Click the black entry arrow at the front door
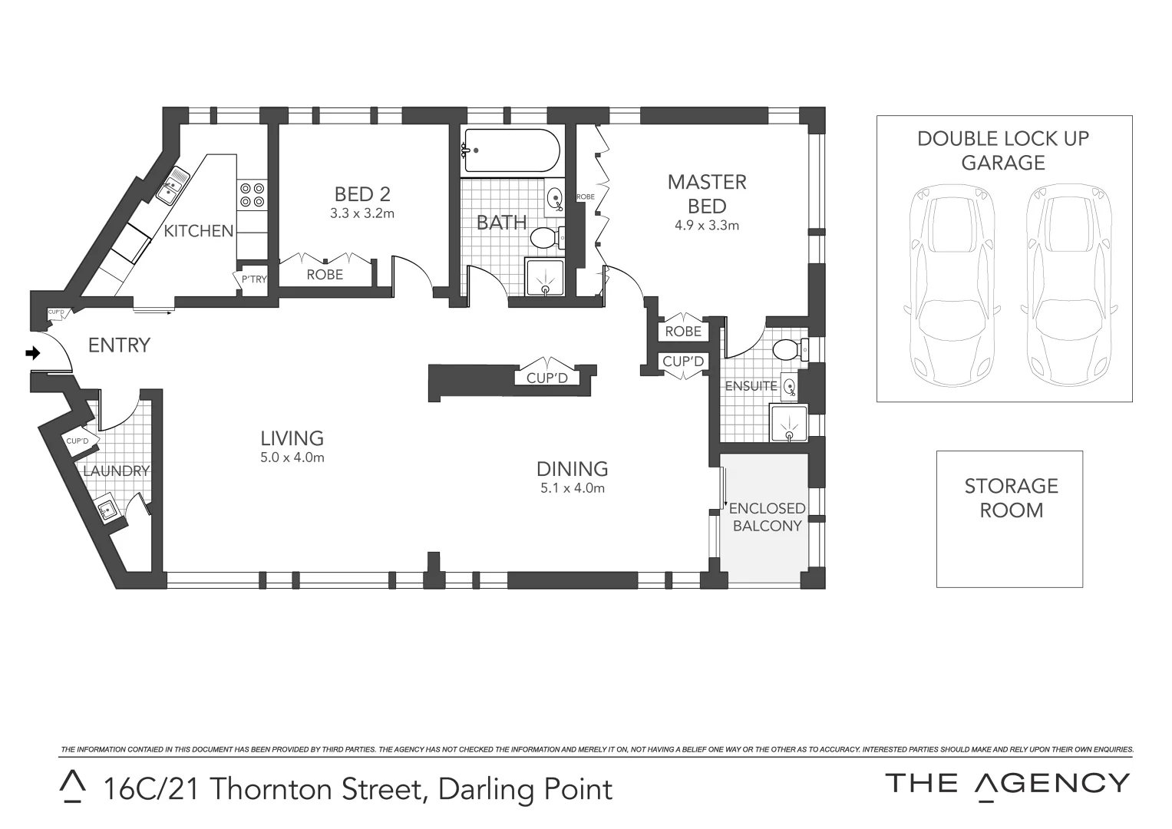pyautogui.click(x=32, y=353)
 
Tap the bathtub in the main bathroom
pyautogui.click(x=510, y=151)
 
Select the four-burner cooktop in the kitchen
pyautogui.click(x=253, y=195)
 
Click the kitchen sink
pyautogui.click(x=173, y=185)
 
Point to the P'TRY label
pyautogui.click(x=254, y=279)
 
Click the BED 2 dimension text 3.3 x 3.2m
pyautogui.click(x=362, y=213)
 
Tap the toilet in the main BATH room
pyautogui.click(x=546, y=237)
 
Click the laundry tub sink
pyautogui.click(x=107, y=509)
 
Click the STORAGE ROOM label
pyautogui.click(x=1011, y=498)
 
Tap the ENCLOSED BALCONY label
pyautogui.click(x=766, y=517)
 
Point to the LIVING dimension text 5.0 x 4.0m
pyautogui.click(x=292, y=457)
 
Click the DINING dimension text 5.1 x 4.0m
pyautogui.click(x=573, y=488)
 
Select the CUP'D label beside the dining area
pyautogui.click(x=546, y=378)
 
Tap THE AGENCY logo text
pyautogui.click(x=1007, y=784)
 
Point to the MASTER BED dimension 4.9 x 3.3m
pyautogui.click(x=707, y=226)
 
